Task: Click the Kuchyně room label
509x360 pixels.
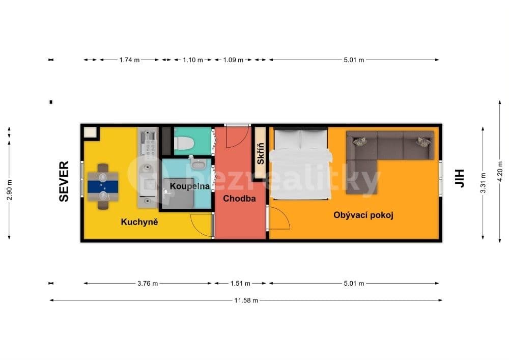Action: [x=139, y=222]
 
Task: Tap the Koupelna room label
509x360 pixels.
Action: [x=190, y=186]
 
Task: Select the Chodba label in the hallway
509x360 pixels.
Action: [x=239, y=199]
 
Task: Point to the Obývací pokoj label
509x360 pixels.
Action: [x=363, y=215]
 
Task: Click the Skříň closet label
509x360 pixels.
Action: [x=260, y=154]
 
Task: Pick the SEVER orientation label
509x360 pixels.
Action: [x=64, y=181]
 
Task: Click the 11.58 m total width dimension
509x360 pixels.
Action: [x=246, y=300]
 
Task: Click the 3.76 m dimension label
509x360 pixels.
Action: [x=148, y=284]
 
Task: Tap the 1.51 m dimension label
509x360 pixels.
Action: [x=240, y=284]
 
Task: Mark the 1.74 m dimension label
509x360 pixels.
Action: [x=129, y=60]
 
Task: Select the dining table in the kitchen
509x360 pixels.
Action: [x=103, y=186]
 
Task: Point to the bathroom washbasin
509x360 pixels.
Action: [x=197, y=164]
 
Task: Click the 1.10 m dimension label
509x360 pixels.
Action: [x=193, y=60]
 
